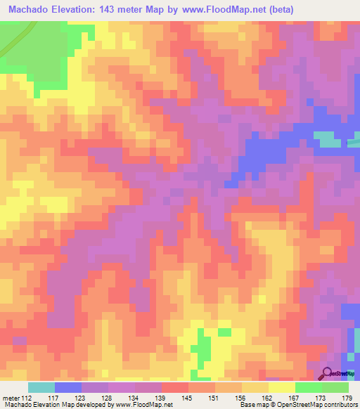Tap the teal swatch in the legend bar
click(41, 387)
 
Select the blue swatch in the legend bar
click(68, 387)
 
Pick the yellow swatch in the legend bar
click(282, 387)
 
